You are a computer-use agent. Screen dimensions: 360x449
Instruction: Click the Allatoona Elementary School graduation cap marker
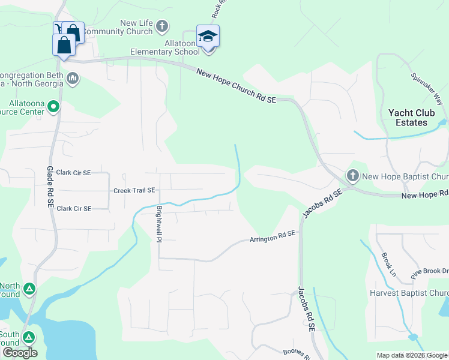[208, 37]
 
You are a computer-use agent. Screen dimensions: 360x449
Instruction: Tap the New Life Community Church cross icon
[162, 26]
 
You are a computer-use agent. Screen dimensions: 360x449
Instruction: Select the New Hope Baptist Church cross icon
[352, 176]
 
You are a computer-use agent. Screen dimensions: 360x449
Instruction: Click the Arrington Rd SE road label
[273, 237]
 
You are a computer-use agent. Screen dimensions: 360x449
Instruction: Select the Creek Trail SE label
[134, 190]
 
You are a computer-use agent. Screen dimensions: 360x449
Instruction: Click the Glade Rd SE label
[50, 187]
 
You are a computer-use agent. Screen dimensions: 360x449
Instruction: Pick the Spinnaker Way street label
[426, 88]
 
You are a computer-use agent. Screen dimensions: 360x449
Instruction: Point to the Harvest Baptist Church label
[409, 293]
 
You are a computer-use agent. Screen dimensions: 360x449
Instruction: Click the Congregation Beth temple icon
[73, 79]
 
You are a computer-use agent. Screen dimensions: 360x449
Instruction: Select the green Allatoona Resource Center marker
[53, 107]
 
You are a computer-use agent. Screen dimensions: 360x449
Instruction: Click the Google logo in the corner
[20, 353]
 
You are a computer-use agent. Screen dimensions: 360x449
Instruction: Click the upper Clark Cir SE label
[71, 173]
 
